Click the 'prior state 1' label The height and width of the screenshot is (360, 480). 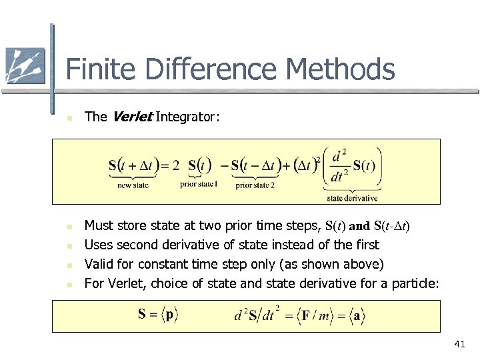(199, 184)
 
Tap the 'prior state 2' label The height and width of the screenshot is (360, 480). (255, 185)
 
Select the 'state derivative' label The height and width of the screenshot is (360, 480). (352, 197)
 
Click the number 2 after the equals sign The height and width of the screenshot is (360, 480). (176, 165)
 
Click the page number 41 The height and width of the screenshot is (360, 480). (459, 344)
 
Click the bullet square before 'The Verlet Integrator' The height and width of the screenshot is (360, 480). (59, 119)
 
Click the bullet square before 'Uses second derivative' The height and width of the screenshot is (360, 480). (59, 246)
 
